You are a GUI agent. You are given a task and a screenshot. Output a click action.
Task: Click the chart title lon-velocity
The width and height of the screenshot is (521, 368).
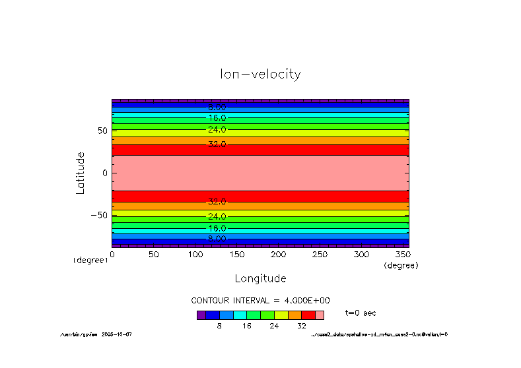(x=260, y=74)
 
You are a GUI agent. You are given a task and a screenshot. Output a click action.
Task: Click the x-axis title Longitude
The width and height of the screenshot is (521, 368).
(x=260, y=278)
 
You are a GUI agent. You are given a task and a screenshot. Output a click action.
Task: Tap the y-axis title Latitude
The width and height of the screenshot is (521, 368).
(x=81, y=173)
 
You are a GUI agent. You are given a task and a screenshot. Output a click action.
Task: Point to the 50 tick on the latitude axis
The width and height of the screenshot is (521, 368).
(x=102, y=131)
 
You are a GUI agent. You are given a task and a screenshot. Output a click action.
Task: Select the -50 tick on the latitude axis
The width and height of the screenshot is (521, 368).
(x=99, y=215)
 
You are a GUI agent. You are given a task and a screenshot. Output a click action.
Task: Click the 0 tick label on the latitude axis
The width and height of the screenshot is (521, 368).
(x=104, y=173)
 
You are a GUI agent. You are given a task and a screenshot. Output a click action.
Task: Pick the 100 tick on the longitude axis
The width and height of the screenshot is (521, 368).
(x=195, y=254)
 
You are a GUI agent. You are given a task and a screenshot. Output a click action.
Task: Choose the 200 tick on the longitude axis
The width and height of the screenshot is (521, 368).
(x=278, y=254)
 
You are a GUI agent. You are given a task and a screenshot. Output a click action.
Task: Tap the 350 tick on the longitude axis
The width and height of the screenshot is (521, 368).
(x=403, y=254)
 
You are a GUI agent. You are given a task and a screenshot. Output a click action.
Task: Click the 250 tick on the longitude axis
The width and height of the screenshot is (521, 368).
(x=320, y=254)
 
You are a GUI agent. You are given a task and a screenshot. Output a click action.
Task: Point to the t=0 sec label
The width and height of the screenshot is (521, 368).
(x=361, y=313)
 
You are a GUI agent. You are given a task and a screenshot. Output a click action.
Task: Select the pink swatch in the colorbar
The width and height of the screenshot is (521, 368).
(x=320, y=315)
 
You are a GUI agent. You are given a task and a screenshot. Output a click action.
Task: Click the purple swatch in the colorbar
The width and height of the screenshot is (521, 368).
(x=201, y=315)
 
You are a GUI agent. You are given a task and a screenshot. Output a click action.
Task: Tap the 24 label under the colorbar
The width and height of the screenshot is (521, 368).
(x=274, y=326)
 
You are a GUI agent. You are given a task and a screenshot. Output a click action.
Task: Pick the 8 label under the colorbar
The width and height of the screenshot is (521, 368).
(x=219, y=326)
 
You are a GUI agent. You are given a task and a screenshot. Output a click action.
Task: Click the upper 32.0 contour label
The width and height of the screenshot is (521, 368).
(x=217, y=144)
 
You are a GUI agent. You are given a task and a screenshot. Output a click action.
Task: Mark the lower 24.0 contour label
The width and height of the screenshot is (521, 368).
(x=217, y=216)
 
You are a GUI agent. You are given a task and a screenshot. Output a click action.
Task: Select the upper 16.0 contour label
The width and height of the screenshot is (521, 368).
(x=217, y=117)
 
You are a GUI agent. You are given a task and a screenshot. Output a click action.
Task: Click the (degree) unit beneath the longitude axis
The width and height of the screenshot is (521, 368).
(x=401, y=265)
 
